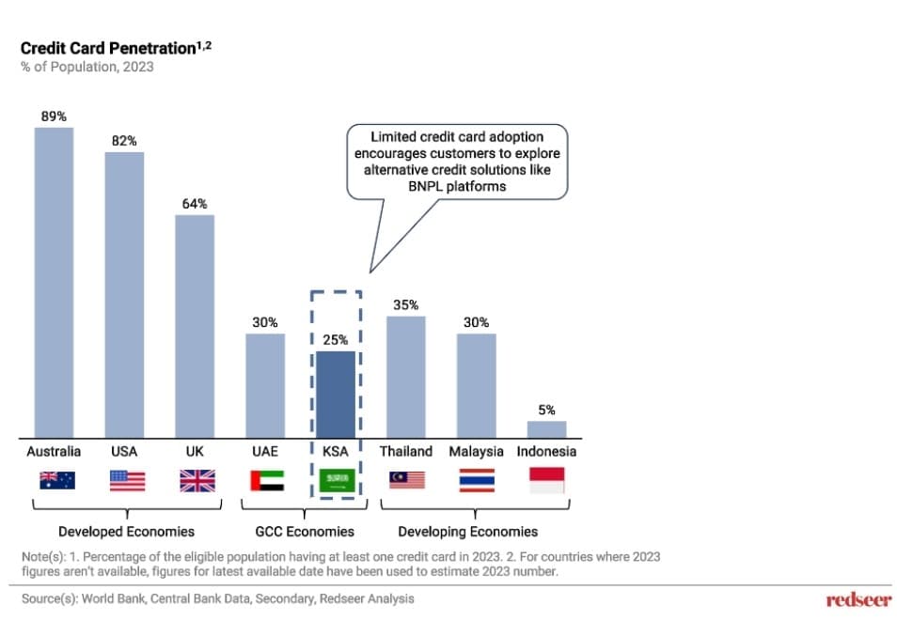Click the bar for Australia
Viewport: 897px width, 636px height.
click(x=54, y=282)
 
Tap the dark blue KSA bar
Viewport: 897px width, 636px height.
click(x=336, y=394)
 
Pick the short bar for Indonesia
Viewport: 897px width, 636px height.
click(x=546, y=428)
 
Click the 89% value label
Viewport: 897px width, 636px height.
click(x=54, y=116)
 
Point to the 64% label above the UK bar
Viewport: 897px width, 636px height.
click(x=195, y=204)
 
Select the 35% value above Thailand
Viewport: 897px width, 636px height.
click(x=406, y=305)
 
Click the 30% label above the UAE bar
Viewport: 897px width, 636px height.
click(x=265, y=322)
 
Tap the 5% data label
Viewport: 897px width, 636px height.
click(x=546, y=411)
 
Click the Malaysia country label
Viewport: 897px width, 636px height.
click(x=476, y=451)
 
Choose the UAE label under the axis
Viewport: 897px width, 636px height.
click(x=265, y=451)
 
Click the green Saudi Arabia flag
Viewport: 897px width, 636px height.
click(x=336, y=481)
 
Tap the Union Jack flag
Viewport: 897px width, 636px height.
click(x=197, y=481)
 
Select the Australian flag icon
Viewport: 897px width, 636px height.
click(x=56, y=481)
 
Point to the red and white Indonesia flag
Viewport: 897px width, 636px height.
click(x=547, y=481)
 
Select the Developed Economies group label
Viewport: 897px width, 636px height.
click(x=126, y=532)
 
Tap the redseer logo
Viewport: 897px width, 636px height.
click(x=858, y=600)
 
